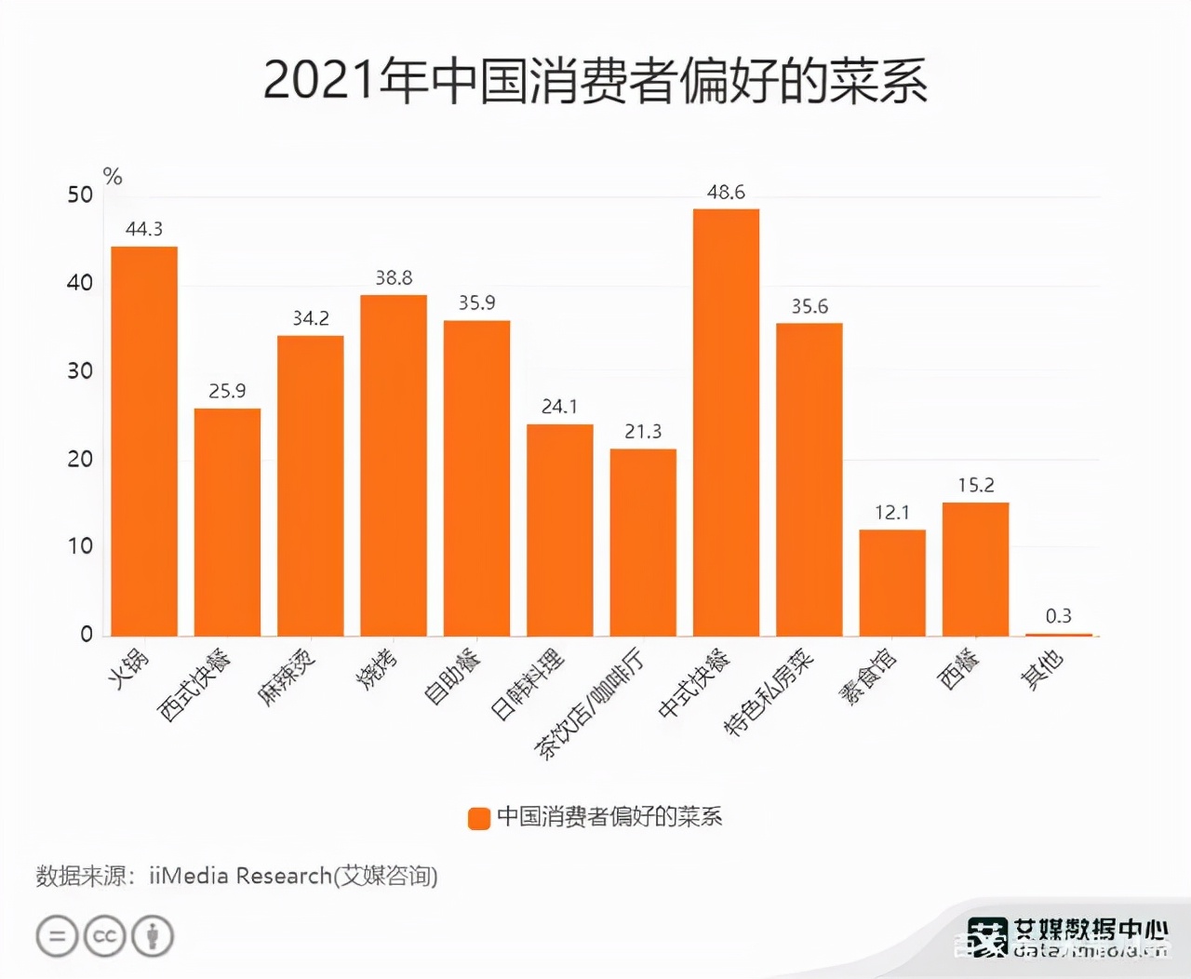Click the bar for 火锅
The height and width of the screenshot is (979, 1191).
[144, 442]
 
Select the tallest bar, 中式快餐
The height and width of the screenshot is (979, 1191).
[726, 423]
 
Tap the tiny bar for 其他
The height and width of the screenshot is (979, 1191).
[1058, 635]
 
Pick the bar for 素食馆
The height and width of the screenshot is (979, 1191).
[892, 583]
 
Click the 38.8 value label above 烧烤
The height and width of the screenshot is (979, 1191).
[394, 278]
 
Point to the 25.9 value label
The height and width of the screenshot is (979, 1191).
[227, 391]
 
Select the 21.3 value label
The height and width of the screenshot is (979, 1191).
[643, 432]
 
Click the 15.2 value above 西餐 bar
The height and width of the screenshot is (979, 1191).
[976, 485]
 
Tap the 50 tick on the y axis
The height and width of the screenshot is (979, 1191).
[80, 195]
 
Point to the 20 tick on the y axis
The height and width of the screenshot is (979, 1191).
[80, 459]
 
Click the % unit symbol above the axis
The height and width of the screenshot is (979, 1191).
[113, 176]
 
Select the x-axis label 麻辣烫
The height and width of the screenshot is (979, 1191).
[287, 677]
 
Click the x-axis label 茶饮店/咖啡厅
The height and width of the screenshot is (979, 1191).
[588, 703]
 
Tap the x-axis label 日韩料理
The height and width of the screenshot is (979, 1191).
[527, 684]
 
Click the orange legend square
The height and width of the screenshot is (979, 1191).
[478, 818]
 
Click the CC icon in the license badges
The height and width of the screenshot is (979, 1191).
[104, 936]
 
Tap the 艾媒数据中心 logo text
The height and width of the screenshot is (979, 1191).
[1090, 929]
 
